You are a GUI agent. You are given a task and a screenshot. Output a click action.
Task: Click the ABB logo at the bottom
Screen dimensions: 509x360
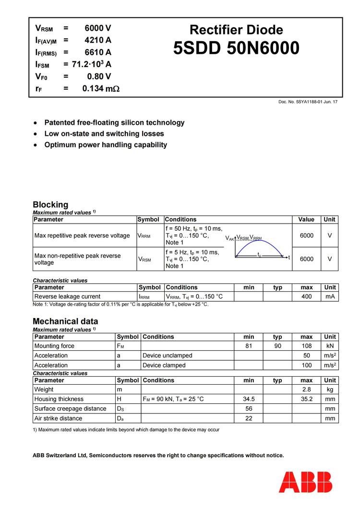pos(305,482)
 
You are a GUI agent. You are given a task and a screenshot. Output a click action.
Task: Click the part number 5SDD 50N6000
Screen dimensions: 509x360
pos(236,48)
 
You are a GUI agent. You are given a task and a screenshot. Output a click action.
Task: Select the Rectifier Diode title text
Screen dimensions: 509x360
pos(236,30)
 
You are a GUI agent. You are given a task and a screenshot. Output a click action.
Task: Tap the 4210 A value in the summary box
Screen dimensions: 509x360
pos(98,40)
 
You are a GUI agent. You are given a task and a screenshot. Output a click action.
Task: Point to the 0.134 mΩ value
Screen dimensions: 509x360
pos(101,88)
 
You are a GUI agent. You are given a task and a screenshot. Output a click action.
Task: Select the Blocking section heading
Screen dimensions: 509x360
pos(50,204)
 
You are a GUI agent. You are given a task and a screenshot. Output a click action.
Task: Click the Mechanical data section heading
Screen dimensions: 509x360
pos(65,321)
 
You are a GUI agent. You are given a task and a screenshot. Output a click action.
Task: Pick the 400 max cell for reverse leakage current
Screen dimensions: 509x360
pos(306,296)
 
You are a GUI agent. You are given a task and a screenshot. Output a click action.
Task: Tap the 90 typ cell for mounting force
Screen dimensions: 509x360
pos(277,346)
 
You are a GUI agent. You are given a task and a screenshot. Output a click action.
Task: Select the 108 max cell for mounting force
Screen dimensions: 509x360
pos(306,346)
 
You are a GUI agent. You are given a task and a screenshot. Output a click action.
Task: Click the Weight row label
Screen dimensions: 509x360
pos(44,390)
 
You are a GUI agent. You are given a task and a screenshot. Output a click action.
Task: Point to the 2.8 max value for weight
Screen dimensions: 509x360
pos(306,390)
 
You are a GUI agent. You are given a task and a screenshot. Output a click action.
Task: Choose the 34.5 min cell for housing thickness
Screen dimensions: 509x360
pos(249,399)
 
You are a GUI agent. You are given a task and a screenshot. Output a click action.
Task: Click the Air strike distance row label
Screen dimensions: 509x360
pos(58,418)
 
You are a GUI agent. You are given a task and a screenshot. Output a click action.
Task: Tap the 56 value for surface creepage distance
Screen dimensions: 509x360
pos(249,409)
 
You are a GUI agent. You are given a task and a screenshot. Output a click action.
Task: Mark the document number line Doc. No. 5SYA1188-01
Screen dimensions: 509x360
pos(307,102)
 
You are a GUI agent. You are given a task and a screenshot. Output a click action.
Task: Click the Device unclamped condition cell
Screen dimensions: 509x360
pos(167,355)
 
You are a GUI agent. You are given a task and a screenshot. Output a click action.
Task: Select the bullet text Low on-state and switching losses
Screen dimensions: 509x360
pos(104,134)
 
